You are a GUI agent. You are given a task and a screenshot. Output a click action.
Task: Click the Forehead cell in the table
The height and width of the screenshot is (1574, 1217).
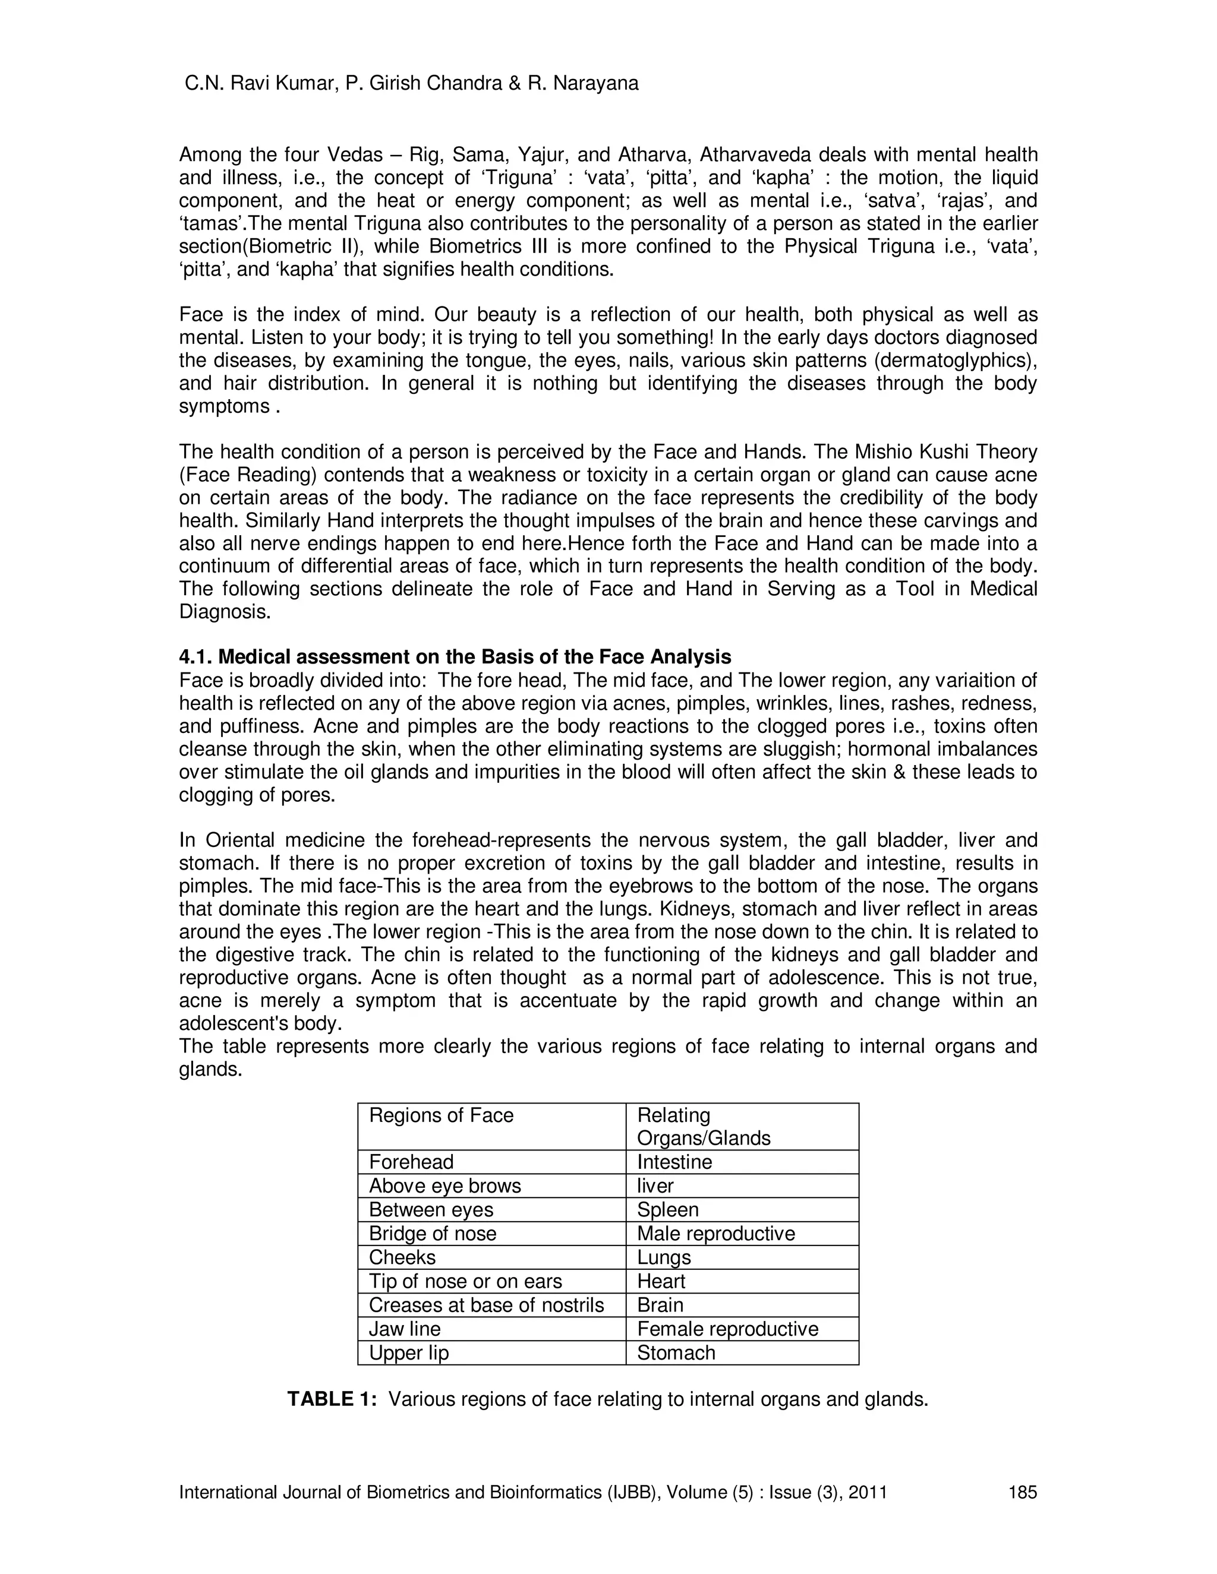(411, 1162)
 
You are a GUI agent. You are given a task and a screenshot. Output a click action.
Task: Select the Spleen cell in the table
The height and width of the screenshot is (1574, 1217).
(667, 1210)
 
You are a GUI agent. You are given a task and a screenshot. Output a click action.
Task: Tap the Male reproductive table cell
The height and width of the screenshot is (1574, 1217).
(715, 1234)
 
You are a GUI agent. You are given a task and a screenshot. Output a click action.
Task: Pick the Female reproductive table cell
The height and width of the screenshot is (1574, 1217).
(727, 1329)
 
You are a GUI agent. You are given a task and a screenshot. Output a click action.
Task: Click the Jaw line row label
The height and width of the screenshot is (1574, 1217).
(405, 1329)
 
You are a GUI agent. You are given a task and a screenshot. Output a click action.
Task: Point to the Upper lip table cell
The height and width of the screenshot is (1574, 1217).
(409, 1352)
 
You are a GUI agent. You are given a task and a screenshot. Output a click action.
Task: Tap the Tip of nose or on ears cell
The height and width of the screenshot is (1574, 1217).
(465, 1281)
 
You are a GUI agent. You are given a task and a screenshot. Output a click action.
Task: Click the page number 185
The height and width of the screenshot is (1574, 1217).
(1021, 1493)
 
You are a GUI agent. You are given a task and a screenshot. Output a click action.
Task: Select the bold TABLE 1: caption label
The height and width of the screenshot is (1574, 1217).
(332, 1399)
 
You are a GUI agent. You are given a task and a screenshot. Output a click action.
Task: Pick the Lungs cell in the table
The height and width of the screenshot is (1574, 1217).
(663, 1257)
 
